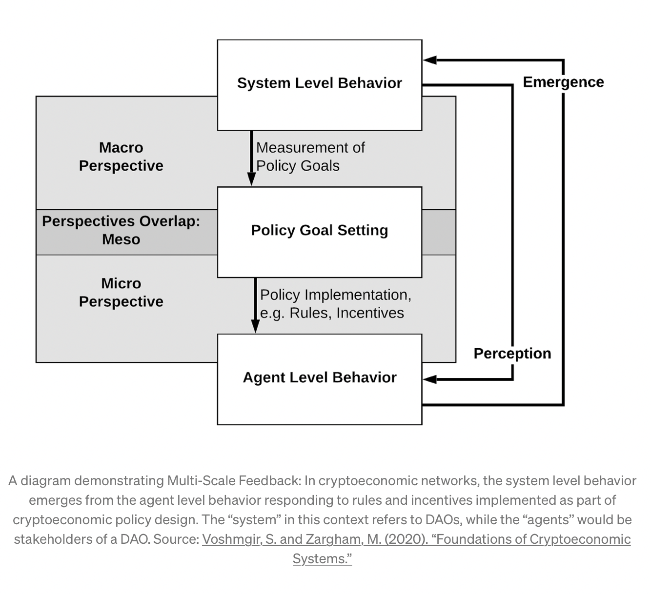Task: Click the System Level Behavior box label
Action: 319,83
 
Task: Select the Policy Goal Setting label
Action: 319,230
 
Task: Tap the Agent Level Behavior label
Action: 320,377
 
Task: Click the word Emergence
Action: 563,82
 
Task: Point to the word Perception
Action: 512,354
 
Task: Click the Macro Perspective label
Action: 121,157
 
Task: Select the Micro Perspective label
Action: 121,293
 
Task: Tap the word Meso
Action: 121,239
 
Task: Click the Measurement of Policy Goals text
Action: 310,157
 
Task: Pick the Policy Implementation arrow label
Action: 336,304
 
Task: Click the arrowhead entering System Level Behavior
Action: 429,60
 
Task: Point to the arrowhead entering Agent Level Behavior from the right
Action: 429,379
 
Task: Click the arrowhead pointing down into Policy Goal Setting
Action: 251,179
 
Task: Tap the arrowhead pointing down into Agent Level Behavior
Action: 255,326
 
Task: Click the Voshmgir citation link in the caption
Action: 416,540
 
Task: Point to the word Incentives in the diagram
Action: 370,313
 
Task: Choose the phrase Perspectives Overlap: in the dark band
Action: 121,221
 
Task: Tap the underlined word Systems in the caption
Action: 322,559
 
